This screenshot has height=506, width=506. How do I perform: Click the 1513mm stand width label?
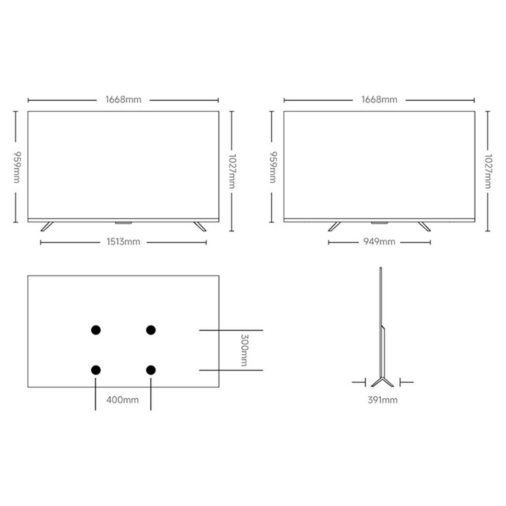[x=123, y=242]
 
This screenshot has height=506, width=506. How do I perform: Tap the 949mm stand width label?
[x=379, y=242]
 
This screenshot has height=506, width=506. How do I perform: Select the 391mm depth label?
[x=382, y=400]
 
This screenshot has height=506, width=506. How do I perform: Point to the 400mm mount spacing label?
[x=123, y=400]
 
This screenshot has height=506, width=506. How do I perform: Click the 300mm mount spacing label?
[x=244, y=350]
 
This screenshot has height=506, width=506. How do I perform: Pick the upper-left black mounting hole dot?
[x=96, y=330]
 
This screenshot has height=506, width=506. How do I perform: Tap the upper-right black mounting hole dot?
[x=151, y=330]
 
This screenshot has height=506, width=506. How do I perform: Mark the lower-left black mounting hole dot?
[x=96, y=370]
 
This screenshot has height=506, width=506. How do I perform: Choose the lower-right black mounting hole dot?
[x=151, y=370]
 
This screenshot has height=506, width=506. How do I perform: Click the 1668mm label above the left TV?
[x=123, y=99]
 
